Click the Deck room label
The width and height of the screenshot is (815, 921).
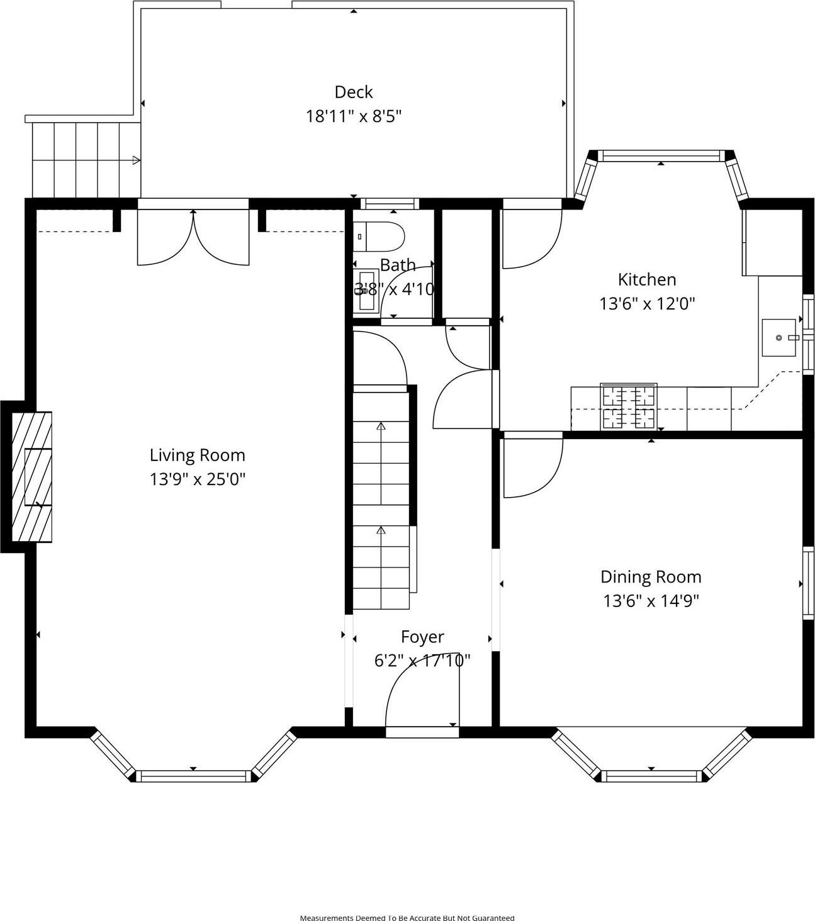pos(354,92)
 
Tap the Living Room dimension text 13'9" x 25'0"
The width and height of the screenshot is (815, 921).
pos(197,479)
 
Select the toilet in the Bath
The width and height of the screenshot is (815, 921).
pos(379,237)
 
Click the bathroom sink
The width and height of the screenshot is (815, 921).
pos(366,291)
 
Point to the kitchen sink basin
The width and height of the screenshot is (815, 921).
pos(779,338)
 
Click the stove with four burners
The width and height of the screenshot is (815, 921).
pos(628,406)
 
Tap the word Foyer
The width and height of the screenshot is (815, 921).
pos(422,637)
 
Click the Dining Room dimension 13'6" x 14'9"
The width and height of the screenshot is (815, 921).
pos(651,601)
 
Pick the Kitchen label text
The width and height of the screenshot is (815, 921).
pos(646,279)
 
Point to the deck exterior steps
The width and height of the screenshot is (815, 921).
pos(86,160)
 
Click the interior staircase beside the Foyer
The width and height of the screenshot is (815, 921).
pos(381,497)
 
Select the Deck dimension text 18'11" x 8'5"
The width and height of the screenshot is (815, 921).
pos(354,116)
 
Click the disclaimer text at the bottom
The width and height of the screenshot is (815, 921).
pos(407,917)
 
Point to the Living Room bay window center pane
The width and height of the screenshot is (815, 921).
pos(193,776)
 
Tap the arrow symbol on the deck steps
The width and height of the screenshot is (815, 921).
pos(135,160)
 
